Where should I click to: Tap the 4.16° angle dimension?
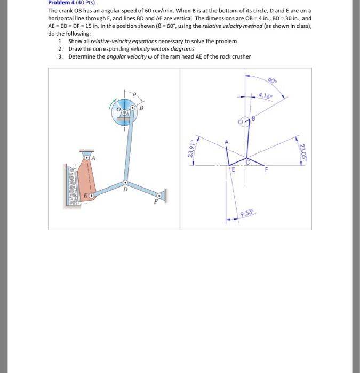265,96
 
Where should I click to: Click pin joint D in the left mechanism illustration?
126,181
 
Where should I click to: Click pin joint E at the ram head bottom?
91,196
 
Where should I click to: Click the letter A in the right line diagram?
226,142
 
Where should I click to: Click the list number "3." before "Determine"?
61,56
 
